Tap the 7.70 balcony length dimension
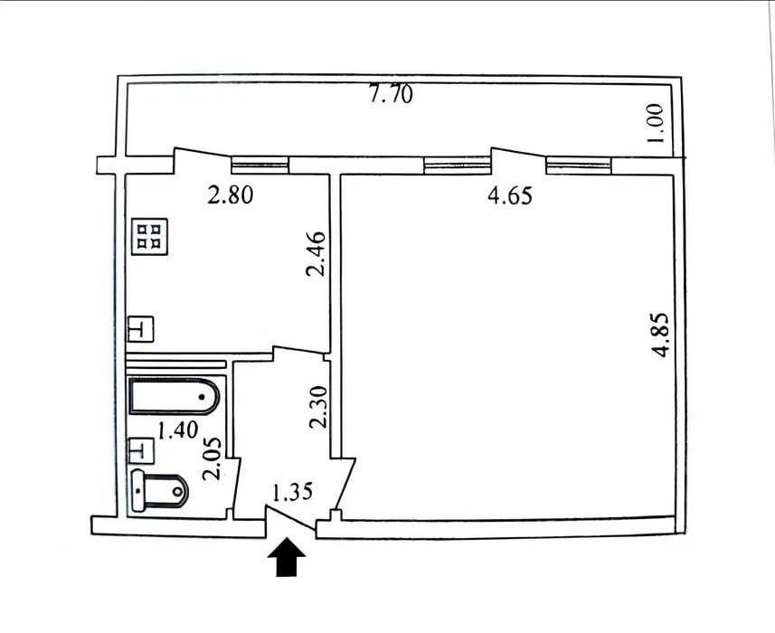[391, 94]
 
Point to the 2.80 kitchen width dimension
[231, 194]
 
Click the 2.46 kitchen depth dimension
[317, 254]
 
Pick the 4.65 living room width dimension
[510, 195]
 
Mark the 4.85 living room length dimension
[660, 335]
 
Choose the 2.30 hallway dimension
[318, 407]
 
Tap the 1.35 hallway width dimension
[293, 492]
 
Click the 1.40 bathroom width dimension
[178, 430]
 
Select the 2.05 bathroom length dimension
[213, 459]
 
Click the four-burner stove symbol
[150, 237]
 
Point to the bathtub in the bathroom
[174, 396]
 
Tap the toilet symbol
[160, 491]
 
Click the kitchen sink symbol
[141, 328]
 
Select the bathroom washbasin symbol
[141, 450]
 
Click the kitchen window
[260, 165]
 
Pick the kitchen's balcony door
[203, 160]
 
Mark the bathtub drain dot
[202, 396]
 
